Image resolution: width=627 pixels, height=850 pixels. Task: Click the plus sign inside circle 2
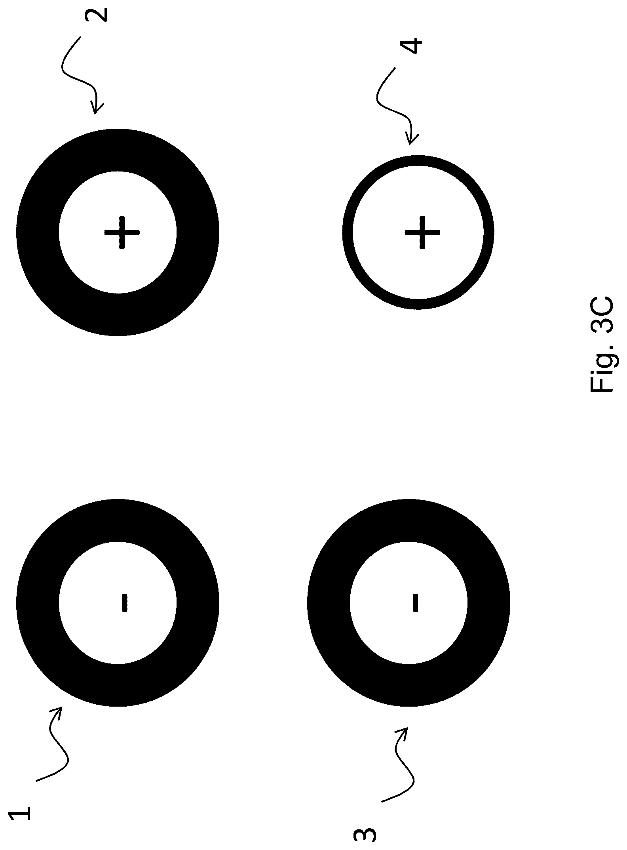122,233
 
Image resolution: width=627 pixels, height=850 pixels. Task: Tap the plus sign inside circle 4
422,233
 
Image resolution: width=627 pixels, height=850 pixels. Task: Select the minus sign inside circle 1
124,602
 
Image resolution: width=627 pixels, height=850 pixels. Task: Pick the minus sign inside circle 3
415,602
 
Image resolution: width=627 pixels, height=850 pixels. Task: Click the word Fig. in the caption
602,366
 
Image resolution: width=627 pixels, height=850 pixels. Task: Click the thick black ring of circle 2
38,233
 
